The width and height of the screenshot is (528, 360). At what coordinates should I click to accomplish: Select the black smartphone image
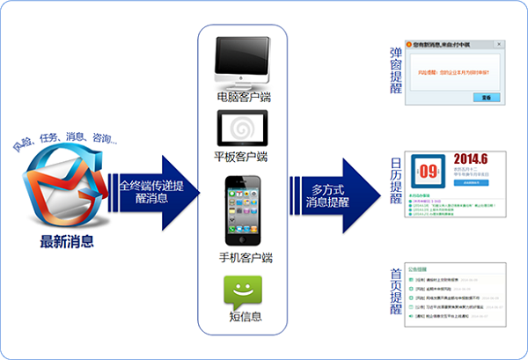click(241, 211)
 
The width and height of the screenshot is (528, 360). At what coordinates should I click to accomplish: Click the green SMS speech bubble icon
click(243, 291)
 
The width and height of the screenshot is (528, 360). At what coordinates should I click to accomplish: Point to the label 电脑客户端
click(243, 96)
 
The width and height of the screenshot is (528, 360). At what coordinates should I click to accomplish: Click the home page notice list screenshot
click(456, 291)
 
